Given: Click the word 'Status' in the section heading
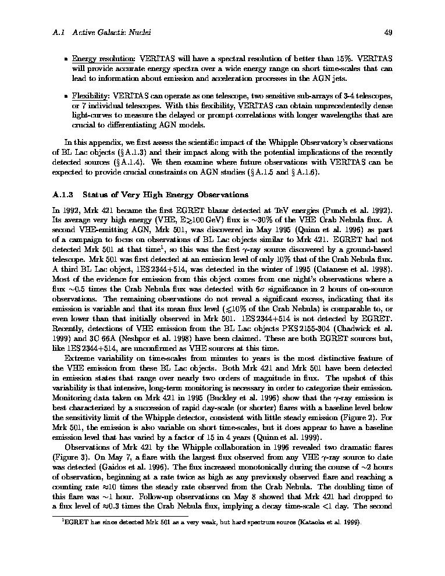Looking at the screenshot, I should pos(95,194).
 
